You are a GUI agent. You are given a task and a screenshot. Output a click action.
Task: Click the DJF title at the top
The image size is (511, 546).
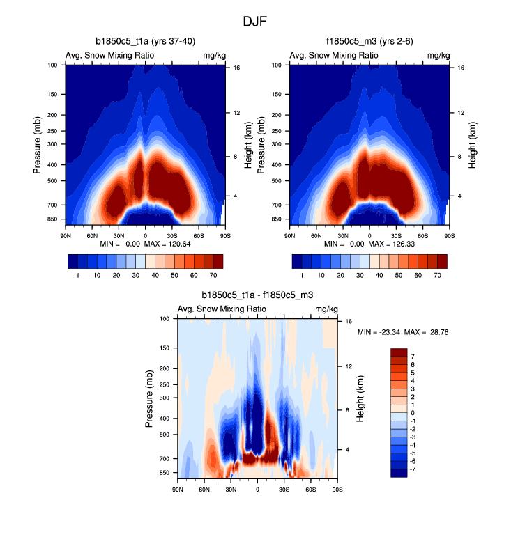255,22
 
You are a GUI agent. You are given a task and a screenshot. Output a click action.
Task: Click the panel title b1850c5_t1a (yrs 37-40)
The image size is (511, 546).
144,42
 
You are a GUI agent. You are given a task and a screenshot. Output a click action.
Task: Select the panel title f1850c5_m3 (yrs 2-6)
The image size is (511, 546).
369,42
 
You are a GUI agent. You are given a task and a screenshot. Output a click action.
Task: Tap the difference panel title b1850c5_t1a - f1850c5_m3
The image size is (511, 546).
257,296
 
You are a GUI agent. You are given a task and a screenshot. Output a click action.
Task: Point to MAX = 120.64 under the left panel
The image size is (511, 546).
171,244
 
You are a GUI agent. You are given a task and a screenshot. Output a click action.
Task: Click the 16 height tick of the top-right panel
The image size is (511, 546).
461,68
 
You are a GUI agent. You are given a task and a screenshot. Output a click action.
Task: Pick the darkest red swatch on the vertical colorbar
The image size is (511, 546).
399,352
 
